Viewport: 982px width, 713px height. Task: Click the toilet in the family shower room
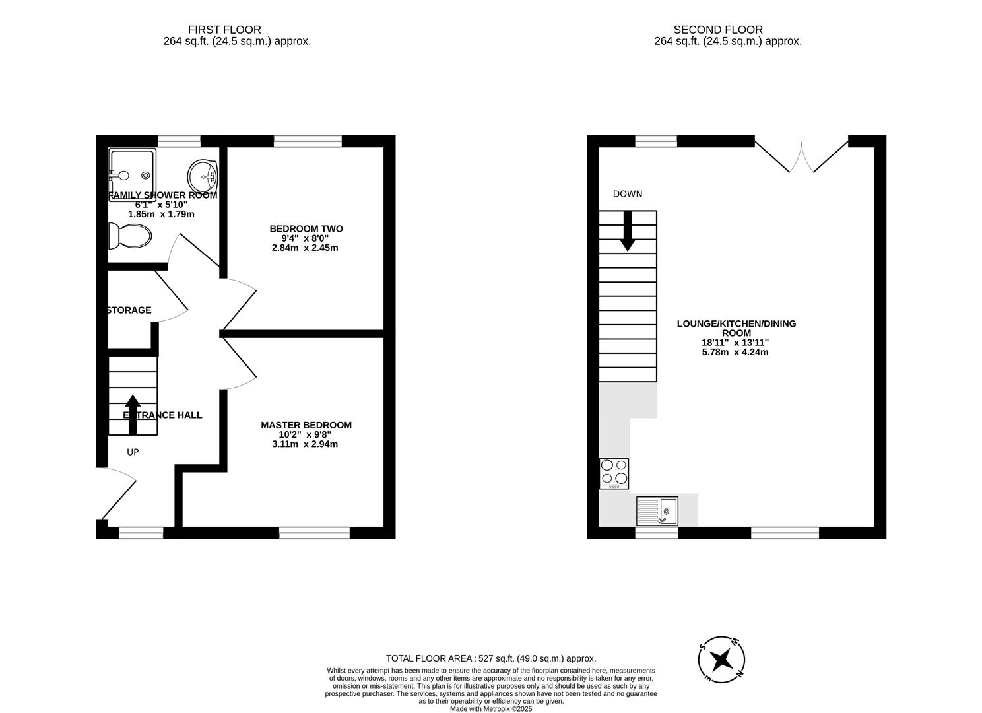pos(130,235)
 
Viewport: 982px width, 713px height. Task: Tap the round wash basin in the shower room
pos(203,175)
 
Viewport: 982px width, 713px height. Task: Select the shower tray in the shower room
pos(133,169)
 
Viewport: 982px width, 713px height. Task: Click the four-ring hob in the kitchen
pos(614,473)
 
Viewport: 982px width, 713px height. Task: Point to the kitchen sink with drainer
pos(657,511)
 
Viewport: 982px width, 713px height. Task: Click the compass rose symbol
pos(722,659)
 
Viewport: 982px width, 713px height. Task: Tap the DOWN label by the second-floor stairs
pos(627,194)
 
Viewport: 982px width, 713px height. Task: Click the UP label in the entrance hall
pos(133,452)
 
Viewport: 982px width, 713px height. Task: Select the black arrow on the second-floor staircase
pos(627,231)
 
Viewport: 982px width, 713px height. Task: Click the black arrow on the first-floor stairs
pos(133,414)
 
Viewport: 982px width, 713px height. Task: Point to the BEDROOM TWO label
pos(306,229)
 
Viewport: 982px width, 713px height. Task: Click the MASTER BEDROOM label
pos(306,425)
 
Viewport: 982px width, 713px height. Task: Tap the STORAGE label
pos(129,310)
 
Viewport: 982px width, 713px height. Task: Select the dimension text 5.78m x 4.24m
pos(735,352)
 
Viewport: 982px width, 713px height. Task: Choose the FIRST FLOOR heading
pos(224,30)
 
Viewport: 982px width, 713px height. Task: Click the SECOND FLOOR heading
pos(717,30)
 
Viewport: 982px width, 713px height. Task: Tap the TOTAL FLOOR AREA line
pos(490,658)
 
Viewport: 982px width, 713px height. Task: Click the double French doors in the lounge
pos(801,156)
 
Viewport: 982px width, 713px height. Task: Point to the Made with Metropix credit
pos(490,709)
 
